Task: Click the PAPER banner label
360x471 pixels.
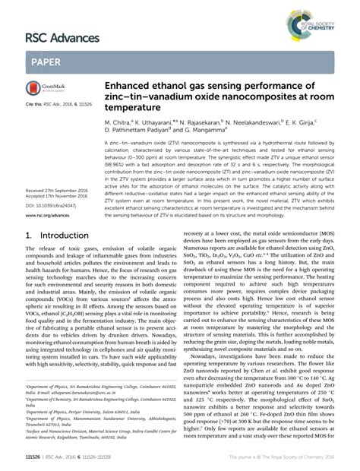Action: click(46, 60)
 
